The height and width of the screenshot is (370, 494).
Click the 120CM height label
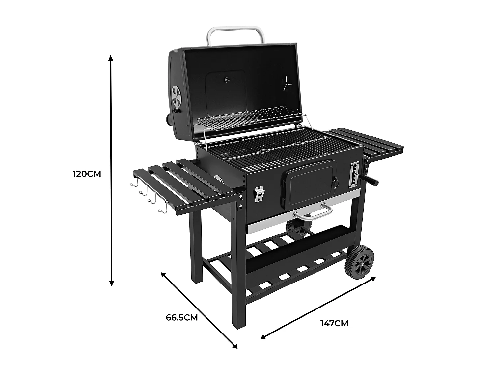pos(87,174)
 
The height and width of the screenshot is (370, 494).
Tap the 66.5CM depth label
pos(181,317)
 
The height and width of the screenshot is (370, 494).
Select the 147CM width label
pos(334,323)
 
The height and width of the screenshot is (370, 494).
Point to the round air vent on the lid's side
pos(177,96)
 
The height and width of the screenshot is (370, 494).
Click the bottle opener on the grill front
pos(259,194)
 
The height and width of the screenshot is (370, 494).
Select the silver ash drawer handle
pos(313,212)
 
